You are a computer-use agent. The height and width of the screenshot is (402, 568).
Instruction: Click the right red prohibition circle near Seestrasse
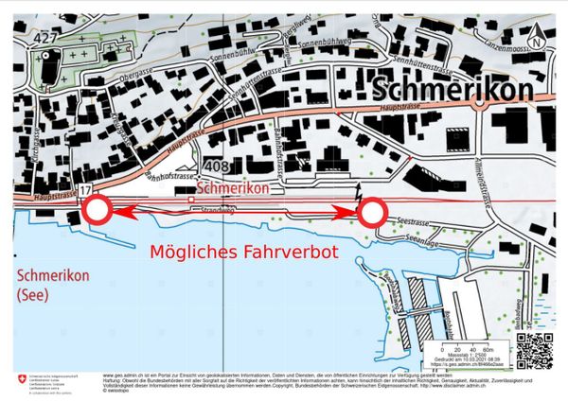[372, 212]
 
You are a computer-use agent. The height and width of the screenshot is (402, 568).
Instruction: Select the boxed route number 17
[85, 191]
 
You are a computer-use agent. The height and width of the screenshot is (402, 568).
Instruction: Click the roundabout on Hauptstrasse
[482, 107]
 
